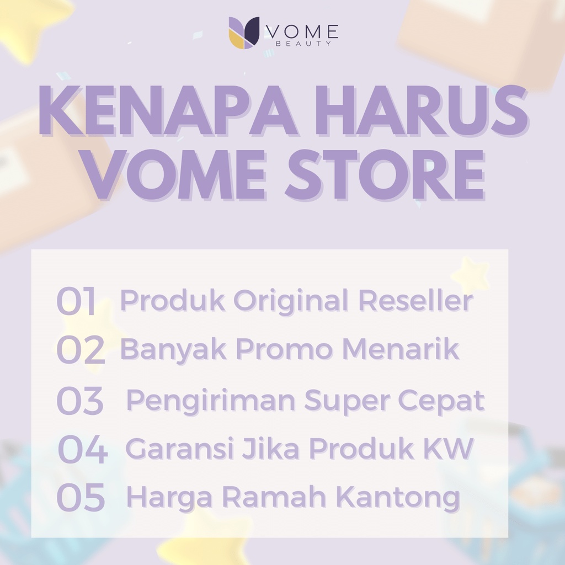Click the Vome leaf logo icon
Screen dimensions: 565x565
[244, 33]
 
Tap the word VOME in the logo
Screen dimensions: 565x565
[302, 32]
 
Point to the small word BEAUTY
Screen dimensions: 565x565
[303, 44]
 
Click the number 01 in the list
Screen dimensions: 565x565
[76, 301]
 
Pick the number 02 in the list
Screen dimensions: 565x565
[81, 349]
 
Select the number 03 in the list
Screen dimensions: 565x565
[80, 401]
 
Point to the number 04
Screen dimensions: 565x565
[83, 449]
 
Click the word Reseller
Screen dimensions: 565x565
[415, 301]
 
